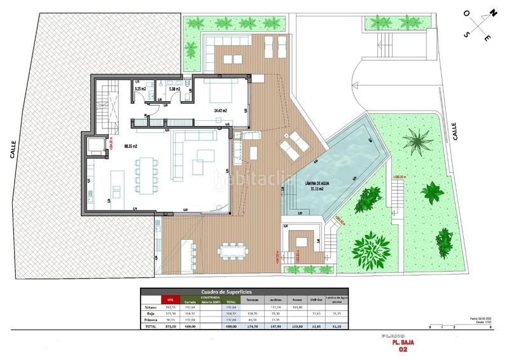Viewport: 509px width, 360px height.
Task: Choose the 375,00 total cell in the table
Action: (170, 326)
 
